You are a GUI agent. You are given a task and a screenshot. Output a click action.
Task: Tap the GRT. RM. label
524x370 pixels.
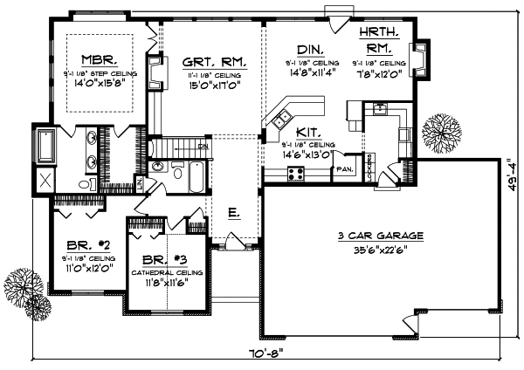[x=214, y=63]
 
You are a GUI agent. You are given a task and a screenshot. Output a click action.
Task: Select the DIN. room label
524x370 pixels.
[x=312, y=50]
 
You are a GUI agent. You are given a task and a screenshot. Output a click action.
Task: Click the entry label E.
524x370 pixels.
[x=233, y=211]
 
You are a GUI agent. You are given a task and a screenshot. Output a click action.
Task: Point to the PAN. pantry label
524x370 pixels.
[x=344, y=169]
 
